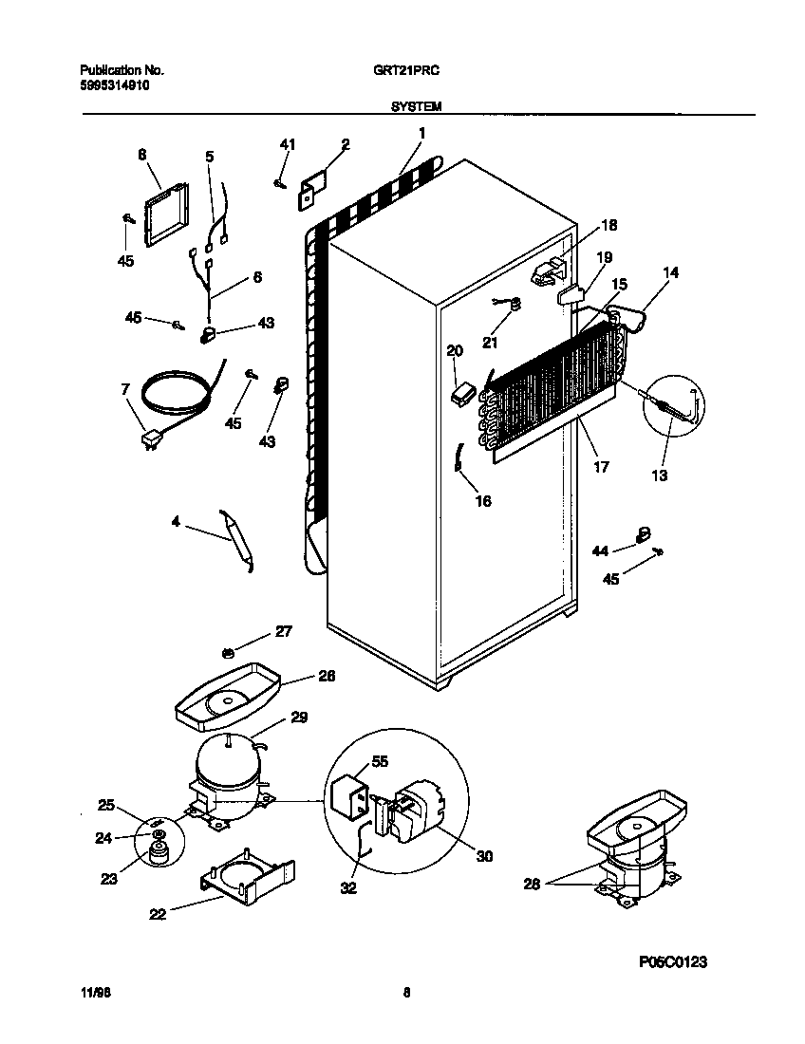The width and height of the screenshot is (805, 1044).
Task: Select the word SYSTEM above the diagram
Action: point(415,108)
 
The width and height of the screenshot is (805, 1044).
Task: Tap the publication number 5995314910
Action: point(114,85)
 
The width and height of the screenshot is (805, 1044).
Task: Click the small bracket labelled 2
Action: point(312,189)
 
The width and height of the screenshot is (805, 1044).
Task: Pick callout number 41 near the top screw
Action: point(288,144)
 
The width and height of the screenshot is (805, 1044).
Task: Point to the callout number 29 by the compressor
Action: point(299,718)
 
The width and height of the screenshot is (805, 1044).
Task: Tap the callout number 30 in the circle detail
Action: point(484,855)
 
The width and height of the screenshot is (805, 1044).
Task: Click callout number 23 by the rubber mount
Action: point(110,879)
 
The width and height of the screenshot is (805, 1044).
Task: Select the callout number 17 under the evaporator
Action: point(601,467)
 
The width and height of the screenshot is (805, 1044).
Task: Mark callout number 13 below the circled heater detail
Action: point(658,475)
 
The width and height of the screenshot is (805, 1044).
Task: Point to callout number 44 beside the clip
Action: point(599,550)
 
